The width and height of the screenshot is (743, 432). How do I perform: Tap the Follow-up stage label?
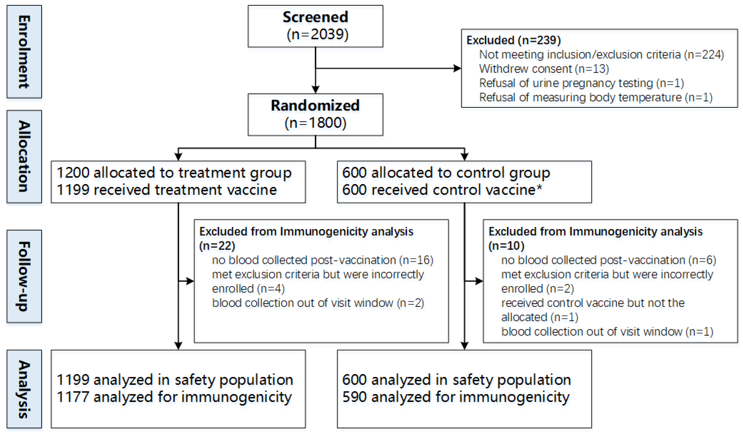point(24,276)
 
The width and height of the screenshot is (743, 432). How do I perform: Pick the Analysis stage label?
point(24,389)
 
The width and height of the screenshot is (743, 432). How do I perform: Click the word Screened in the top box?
point(315,17)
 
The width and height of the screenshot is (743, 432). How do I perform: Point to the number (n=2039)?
point(317,34)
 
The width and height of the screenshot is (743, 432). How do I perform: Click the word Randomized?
point(315,105)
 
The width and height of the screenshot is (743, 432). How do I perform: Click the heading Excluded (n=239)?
point(513,40)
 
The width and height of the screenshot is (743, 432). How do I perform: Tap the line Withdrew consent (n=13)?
point(544,69)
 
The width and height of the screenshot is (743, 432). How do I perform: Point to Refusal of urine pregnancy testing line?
point(581,83)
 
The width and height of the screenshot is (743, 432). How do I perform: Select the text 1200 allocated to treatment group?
point(174,173)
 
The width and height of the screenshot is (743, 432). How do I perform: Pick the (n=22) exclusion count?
point(217,246)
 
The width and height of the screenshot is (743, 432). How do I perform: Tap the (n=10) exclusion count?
point(506,246)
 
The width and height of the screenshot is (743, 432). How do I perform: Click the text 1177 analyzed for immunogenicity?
point(174,397)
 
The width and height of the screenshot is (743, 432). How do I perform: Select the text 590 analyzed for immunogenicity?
point(456,397)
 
